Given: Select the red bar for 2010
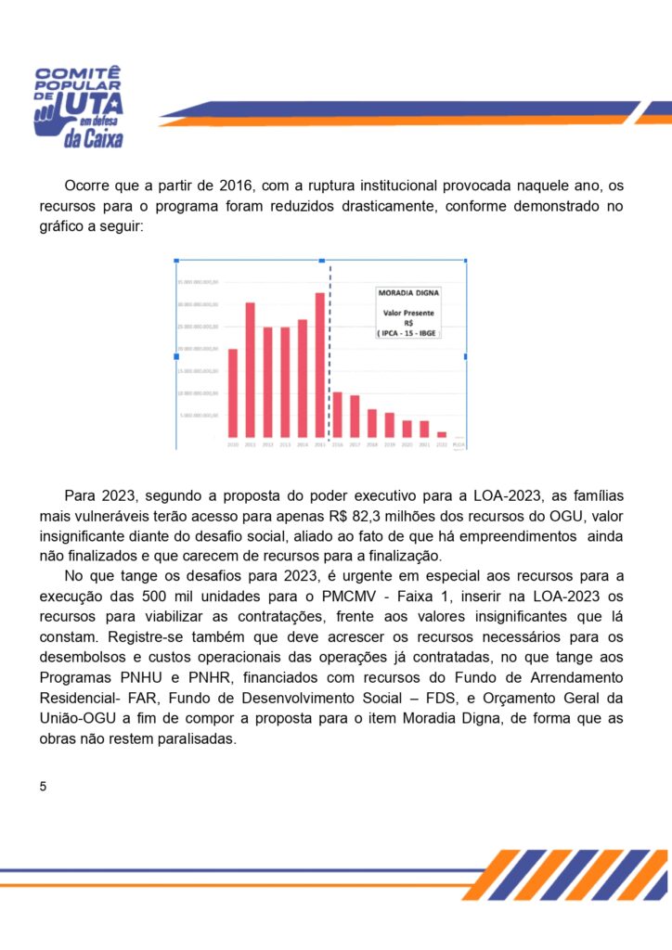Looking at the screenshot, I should click(232, 392).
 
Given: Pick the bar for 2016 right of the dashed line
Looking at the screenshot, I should click(338, 414).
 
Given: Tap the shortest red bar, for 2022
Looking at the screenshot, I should click(442, 434).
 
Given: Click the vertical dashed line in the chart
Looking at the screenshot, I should click(330, 353).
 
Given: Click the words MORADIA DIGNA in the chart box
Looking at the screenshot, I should click(408, 292).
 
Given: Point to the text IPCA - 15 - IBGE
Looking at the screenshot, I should click(408, 332).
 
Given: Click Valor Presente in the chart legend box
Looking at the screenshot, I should click(408, 313).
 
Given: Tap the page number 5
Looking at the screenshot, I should click(43, 786).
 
